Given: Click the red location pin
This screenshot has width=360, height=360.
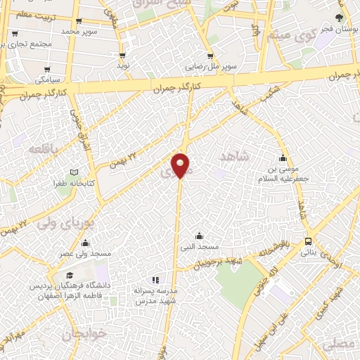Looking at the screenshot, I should coord(181,165).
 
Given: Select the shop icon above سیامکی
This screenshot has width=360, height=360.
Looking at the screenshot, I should coord(47,70).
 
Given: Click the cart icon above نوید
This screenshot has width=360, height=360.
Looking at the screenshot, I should coord(123,55).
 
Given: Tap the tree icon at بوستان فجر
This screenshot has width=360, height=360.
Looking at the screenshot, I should coord(340,18).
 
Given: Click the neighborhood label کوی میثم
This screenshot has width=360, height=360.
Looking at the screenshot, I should coord(285,33).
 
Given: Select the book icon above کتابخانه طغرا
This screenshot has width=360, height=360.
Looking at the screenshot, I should coord(74,173).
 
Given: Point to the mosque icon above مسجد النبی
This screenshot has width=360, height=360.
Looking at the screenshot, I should coord(200,236).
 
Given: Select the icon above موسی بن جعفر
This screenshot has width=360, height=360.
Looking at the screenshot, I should coord(283,157).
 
